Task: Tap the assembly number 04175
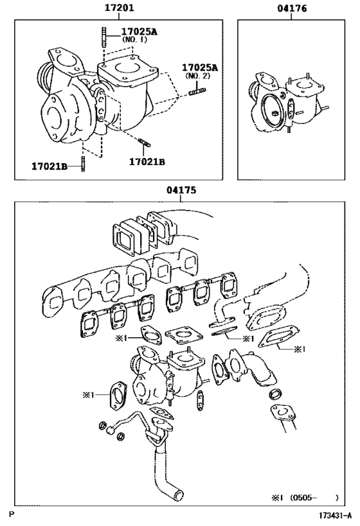tap(181, 190)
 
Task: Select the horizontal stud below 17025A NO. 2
tap(196, 94)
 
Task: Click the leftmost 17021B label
tap(50, 166)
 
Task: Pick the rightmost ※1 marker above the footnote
tap(301, 349)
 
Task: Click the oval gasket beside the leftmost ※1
tap(118, 394)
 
